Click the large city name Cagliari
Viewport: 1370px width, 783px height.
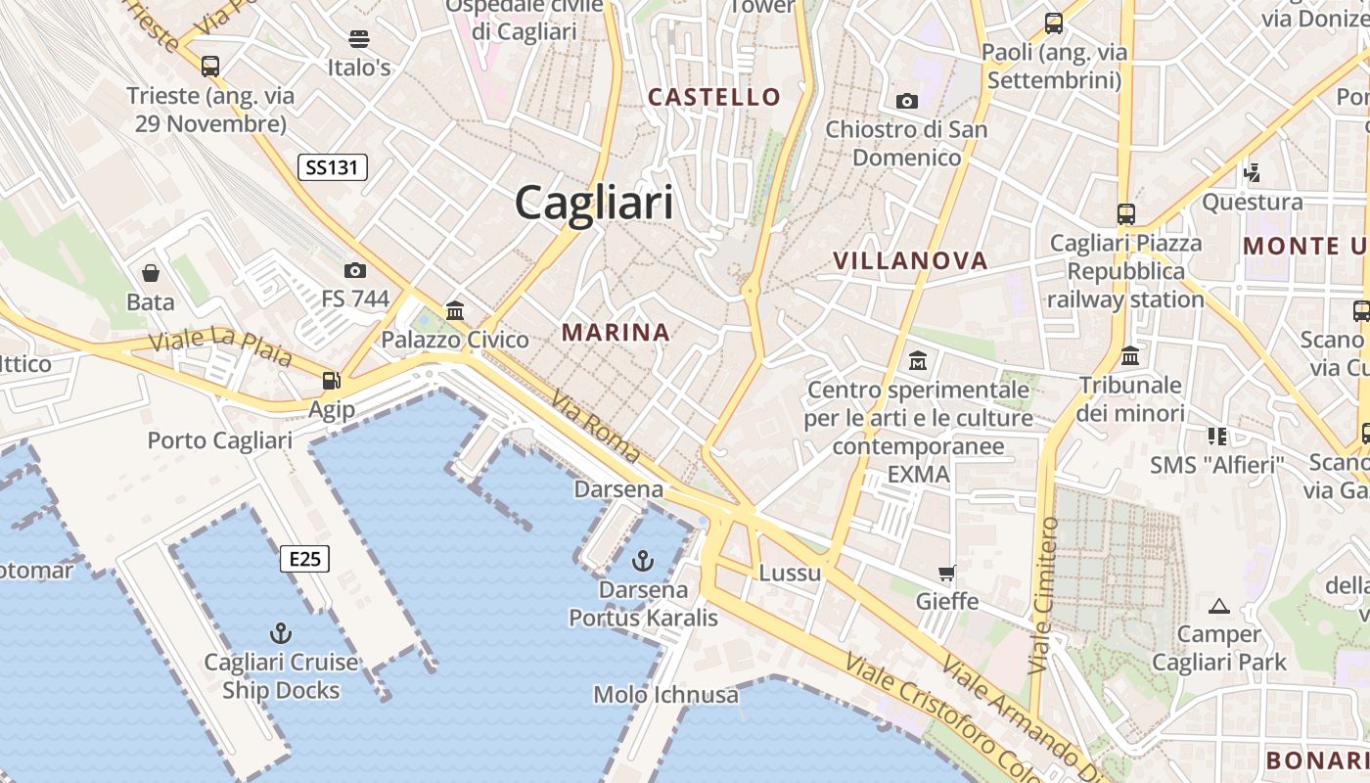point(594,204)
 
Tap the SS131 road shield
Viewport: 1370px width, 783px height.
point(333,167)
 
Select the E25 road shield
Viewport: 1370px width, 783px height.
point(304,559)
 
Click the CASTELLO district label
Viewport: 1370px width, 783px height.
point(714,97)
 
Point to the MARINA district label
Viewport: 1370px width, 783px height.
point(616,333)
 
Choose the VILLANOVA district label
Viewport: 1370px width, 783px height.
point(910,260)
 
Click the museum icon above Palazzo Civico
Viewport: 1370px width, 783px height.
point(455,311)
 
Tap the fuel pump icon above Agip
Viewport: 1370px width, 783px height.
point(332,380)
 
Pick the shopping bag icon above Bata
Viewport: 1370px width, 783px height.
point(151,273)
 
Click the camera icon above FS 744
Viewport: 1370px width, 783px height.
point(355,270)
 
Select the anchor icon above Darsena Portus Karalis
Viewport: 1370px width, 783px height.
point(643,561)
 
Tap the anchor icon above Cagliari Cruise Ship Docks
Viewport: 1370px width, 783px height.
point(281,632)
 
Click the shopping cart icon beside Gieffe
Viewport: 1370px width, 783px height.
point(946,573)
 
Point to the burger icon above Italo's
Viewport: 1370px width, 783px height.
point(359,39)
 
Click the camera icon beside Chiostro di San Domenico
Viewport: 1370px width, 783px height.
point(907,101)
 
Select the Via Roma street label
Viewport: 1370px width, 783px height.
point(596,427)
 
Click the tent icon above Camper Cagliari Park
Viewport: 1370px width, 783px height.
point(1218,606)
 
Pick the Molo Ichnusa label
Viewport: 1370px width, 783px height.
point(665,695)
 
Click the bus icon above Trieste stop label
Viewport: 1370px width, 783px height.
point(210,67)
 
